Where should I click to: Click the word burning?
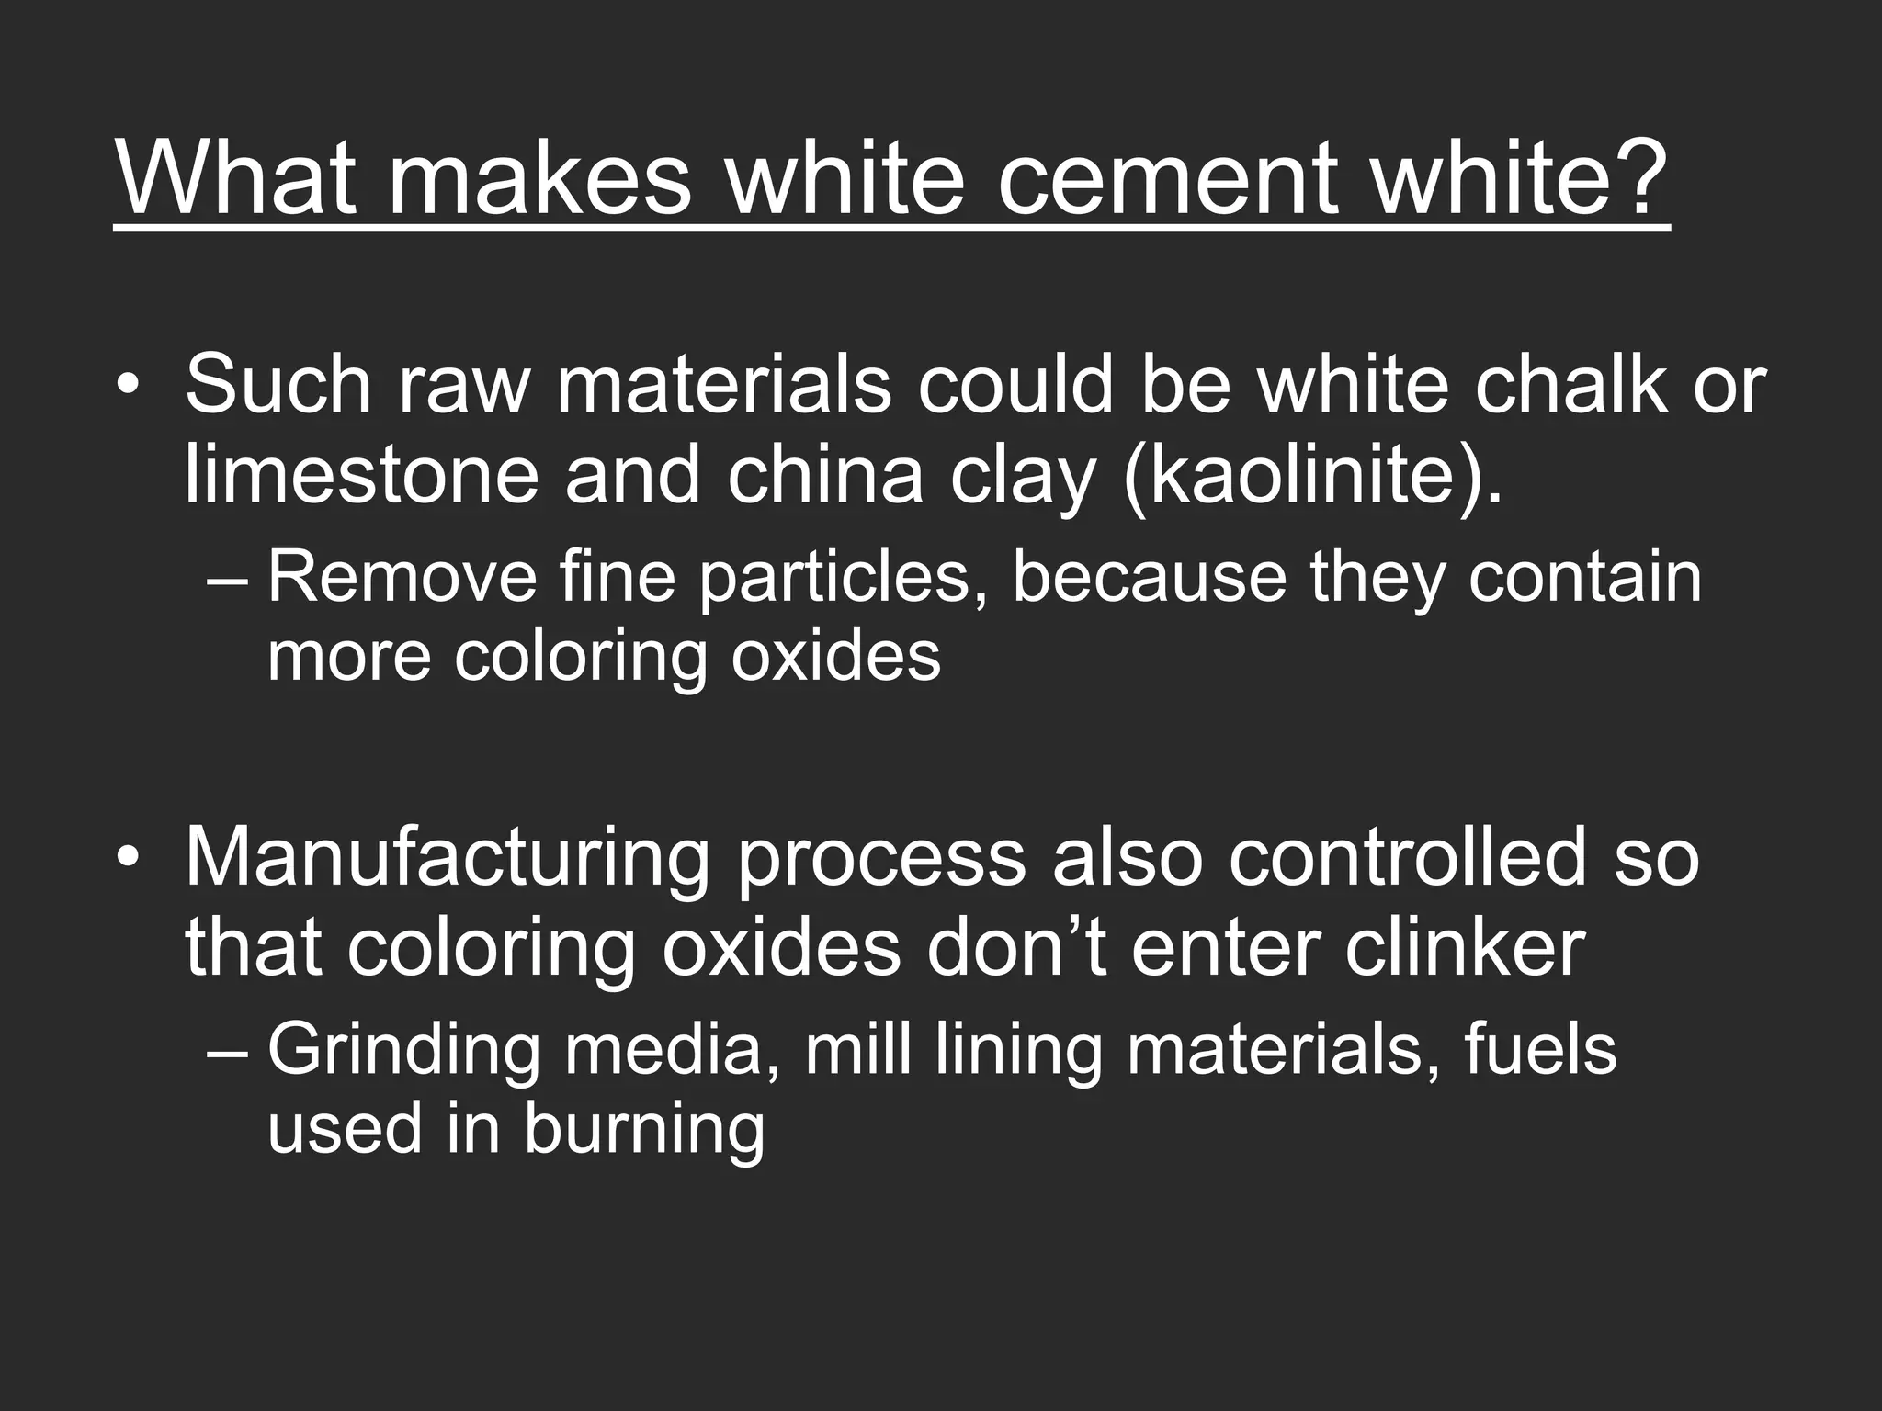click(644, 1129)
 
